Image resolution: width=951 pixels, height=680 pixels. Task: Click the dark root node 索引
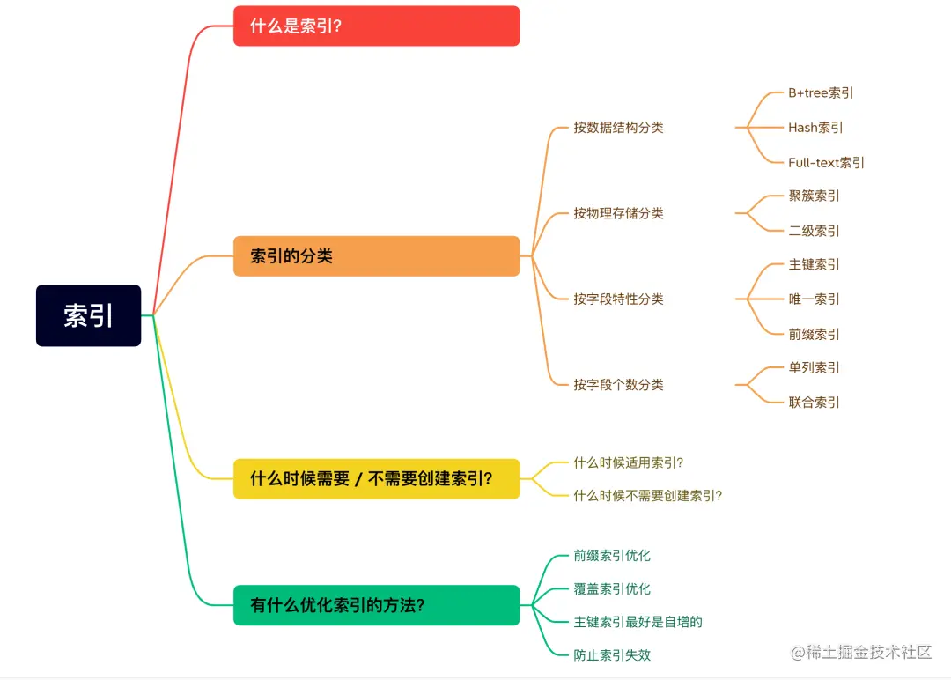(88, 315)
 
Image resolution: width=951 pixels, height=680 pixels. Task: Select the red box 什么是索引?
(376, 26)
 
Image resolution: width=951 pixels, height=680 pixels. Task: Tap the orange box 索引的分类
(376, 256)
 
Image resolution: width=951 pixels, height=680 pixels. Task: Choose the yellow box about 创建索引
(376, 478)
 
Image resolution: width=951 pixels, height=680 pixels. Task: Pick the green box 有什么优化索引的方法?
(376, 605)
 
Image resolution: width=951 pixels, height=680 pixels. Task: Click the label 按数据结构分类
(618, 128)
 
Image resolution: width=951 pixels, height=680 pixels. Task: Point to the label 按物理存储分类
(618, 213)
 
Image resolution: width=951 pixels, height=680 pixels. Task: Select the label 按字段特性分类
(618, 299)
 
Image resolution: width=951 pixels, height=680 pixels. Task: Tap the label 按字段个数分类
(618, 385)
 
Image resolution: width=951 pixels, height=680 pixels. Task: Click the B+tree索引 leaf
(821, 93)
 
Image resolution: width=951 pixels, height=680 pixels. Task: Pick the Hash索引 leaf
(815, 128)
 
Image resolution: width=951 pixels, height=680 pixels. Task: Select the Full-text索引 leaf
(826, 163)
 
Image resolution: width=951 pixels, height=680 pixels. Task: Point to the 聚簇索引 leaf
(814, 196)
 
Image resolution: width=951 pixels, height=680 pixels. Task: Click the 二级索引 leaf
(814, 231)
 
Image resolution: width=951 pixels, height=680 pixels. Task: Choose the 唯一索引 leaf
(814, 299)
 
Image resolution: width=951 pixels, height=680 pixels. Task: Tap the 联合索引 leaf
(814, 403)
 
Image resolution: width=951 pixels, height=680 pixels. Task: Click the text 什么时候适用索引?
(628, 462)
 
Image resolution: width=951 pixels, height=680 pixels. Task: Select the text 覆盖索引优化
(612, 589)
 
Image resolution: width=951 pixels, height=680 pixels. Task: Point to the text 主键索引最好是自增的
(638, 622)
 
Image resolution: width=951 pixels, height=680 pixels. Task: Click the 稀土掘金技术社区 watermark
(861, 653)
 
